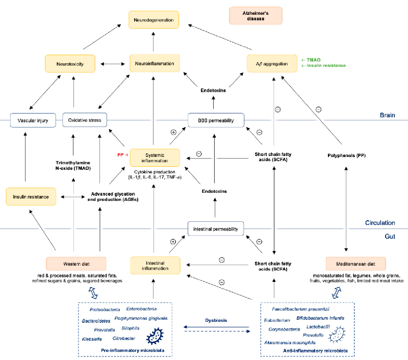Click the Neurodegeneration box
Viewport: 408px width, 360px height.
[154, 20]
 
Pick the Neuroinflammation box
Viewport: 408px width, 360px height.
[154, 64]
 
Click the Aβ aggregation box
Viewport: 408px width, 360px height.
[272, 64]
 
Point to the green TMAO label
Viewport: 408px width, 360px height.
[311, 59]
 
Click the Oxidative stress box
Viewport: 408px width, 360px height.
[85, 121]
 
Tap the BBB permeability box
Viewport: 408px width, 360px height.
[216, 121]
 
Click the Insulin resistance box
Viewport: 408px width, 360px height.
[32, 196]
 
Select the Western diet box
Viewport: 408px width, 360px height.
[76, 264]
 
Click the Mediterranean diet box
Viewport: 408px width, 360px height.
[355, 264]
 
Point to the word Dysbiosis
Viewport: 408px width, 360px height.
[216, 320]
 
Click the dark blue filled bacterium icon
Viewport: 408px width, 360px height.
[156, 337]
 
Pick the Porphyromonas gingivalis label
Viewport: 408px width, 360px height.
[135, 318]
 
